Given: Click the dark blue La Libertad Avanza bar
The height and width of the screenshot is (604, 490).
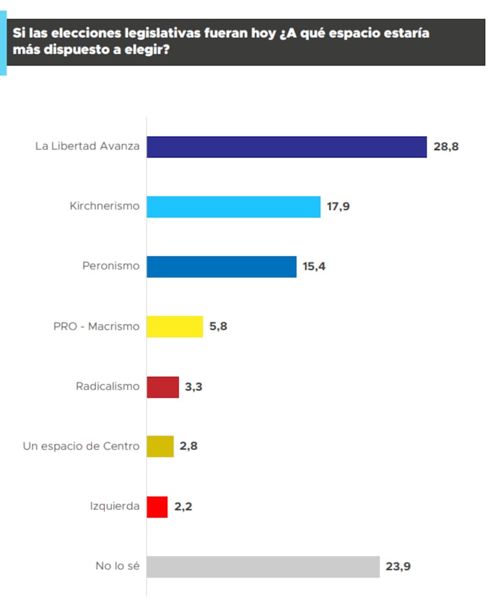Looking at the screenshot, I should coord(286,147).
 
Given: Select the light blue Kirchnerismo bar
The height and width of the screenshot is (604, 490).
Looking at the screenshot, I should coord(233,207).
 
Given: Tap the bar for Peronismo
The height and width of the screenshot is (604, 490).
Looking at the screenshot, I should coord(221,266).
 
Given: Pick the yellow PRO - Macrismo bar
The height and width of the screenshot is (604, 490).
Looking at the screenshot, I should coord(175,327).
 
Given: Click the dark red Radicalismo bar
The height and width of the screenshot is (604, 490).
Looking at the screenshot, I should coord(163,387).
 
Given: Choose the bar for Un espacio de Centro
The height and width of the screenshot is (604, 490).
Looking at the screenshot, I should coord(160,447).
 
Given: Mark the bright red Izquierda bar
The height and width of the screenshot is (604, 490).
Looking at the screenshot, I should coord(157,507).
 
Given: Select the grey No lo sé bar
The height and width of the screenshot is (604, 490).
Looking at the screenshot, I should coord(263,567).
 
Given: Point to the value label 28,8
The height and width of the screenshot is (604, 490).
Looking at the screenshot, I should coord(446,148).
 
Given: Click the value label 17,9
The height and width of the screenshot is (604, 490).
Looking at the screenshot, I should coord(337,207).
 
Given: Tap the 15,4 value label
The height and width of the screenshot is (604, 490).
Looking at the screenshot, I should coord(314,267).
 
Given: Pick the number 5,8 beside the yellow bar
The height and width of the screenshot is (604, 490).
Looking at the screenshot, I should coord(219,327).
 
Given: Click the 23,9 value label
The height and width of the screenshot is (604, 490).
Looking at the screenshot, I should coord(398,567).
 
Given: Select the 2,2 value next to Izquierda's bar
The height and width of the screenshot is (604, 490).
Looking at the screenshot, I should coord(184,507).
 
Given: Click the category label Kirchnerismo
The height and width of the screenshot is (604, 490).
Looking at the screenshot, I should coord(105,206).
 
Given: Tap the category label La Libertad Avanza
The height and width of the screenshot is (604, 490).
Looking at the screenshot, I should coord(88,146).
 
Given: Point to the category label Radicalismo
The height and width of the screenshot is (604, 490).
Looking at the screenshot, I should coord(108,387).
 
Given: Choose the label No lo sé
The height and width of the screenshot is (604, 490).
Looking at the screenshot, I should coord(118,567).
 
